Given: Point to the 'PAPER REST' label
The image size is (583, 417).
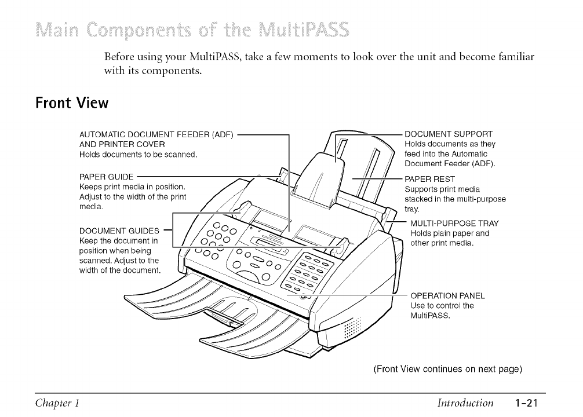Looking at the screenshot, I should click(429, 179).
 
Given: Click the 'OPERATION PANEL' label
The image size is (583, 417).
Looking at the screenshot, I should click(447, 295).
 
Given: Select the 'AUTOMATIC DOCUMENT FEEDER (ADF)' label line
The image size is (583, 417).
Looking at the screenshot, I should click(156, 135).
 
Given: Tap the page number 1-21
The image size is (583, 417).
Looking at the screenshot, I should click(530, 403).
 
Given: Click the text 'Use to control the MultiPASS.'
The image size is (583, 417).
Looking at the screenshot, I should click(442, 310).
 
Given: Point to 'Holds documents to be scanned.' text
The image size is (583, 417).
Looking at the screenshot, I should click(138, 154).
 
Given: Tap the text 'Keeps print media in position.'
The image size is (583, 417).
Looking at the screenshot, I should click(132, 186).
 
